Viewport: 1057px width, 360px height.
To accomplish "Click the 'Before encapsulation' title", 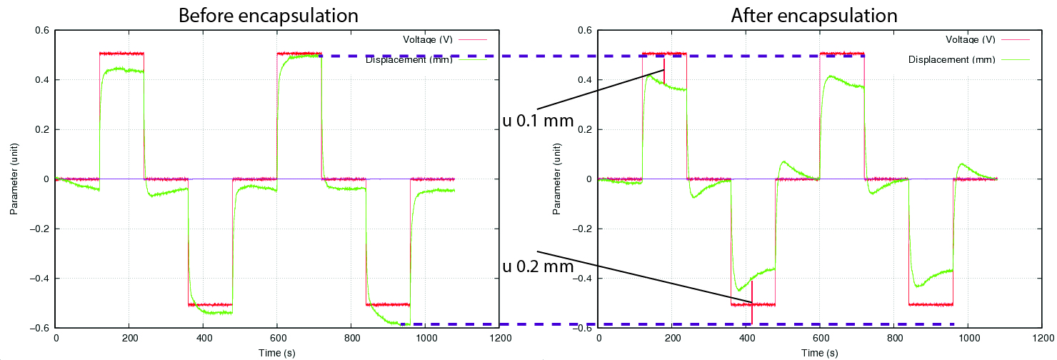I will pyautogui.click(x=268, y=15).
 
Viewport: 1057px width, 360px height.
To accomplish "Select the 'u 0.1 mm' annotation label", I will pyautogui.click(x=538, y=121).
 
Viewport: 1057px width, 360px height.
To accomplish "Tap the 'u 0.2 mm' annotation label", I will pyautogui.click(x=538, y=266).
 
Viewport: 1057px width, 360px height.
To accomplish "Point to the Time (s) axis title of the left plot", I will pyautogui.click(x=277, y=353).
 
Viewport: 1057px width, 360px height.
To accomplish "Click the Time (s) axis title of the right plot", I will pyautogui.click(x=820, y=353).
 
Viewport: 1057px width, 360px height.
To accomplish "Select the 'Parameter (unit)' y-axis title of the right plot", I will pyautogui.click(x=556, y=179).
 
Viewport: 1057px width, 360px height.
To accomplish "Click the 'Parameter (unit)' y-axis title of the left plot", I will pyautogui.click(x=14, y=179).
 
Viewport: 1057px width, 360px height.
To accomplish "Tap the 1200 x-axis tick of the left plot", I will pyautogui.click(x=499, y=340).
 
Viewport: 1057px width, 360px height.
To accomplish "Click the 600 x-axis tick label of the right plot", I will pyautogui.click(x=820, y=340).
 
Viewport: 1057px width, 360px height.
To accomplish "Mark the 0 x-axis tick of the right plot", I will pyautogui.click(x=598, y=340).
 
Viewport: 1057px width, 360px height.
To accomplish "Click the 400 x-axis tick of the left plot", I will pyautogui.click(x=204, y=340).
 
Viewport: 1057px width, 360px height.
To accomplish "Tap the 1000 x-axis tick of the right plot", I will pyautogui.click(x=968, y=340).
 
